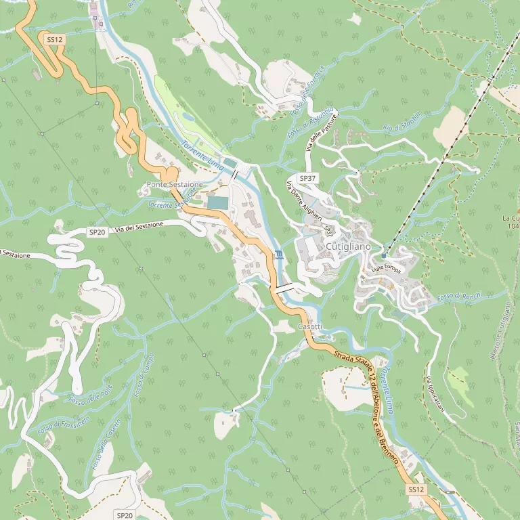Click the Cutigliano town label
pyautogui.click(x=348, y=247)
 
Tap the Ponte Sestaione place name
pyautogui.click(x=175, y=185)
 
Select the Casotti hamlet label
pyautogui.click(x=309, y=327)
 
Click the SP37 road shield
pyautogui.click(x=308, y=178)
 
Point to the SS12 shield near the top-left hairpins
pyautogui.click(x=55, y=40)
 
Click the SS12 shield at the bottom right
pyautogui.click(x=416, y=489)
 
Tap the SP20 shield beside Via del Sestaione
pyautogui.click(x=97, y=232)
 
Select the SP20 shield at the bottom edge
pyautogui.click(x=125, y=515)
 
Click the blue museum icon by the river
pyautogui.click(x=279, y=255)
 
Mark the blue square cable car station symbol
pyautogui.click(x=384, y=256)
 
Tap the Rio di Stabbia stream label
pyautogui.click(x=402, y=121)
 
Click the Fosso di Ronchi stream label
pyautogui.click(x=459, y=297)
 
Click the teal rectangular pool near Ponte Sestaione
pyautogui.click(x=217, y=202)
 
